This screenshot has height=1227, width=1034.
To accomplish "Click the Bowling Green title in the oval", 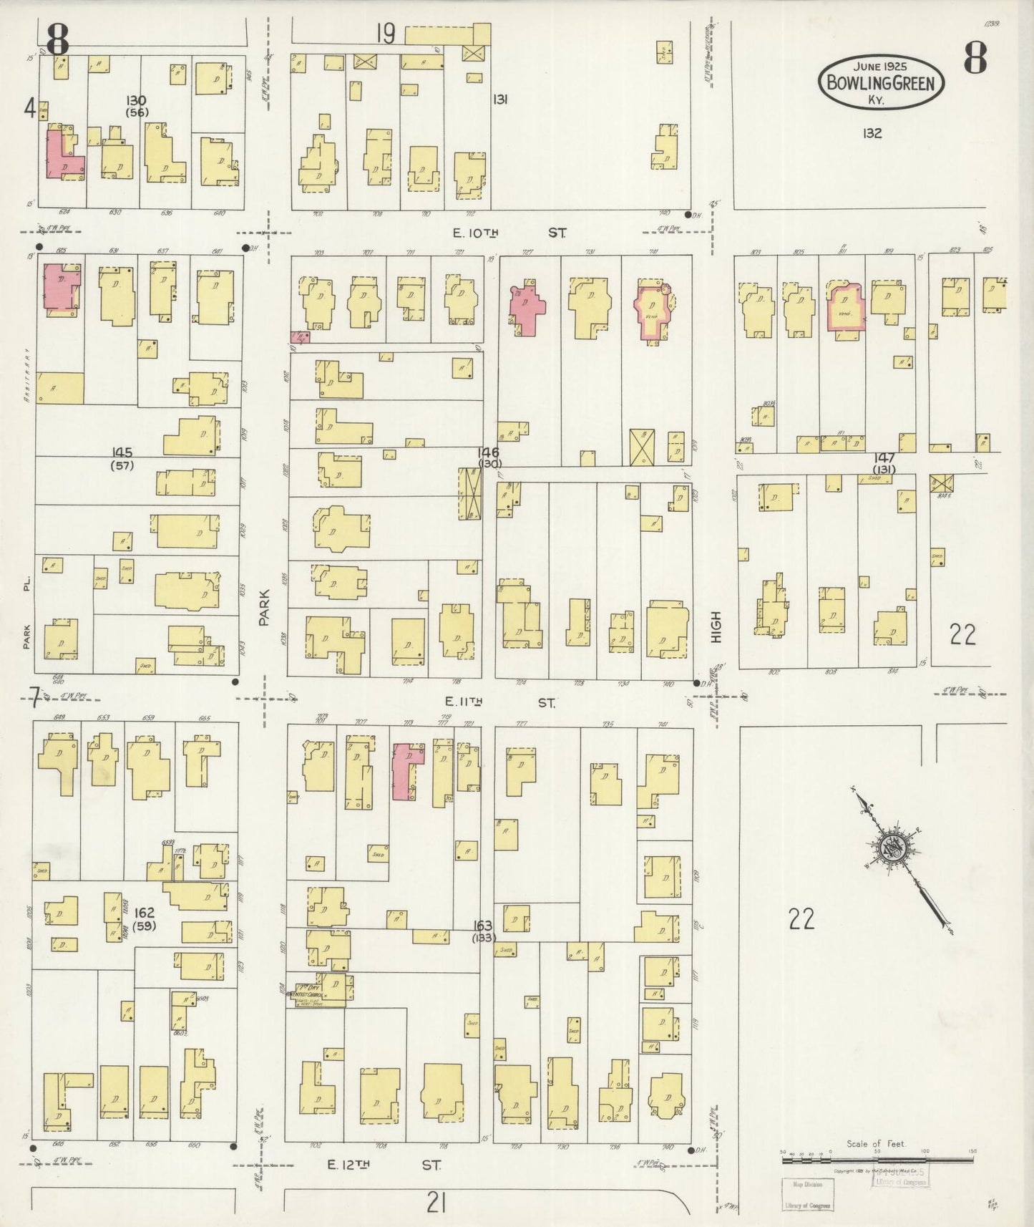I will point(880,83).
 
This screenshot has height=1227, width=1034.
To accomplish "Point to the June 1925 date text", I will point(880,67).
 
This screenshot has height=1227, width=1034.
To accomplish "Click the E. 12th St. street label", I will point(383,1165).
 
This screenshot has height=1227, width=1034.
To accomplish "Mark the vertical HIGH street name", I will point(716,627).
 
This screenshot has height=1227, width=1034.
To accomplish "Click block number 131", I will point(499,100).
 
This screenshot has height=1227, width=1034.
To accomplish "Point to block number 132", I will point(872,133).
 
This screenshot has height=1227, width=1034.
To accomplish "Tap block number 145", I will point(122,452).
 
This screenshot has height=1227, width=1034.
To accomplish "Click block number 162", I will point(144,913).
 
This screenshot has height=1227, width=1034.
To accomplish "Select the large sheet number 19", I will point(386,34).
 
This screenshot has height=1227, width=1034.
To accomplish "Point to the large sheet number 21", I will point(436,1205).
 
